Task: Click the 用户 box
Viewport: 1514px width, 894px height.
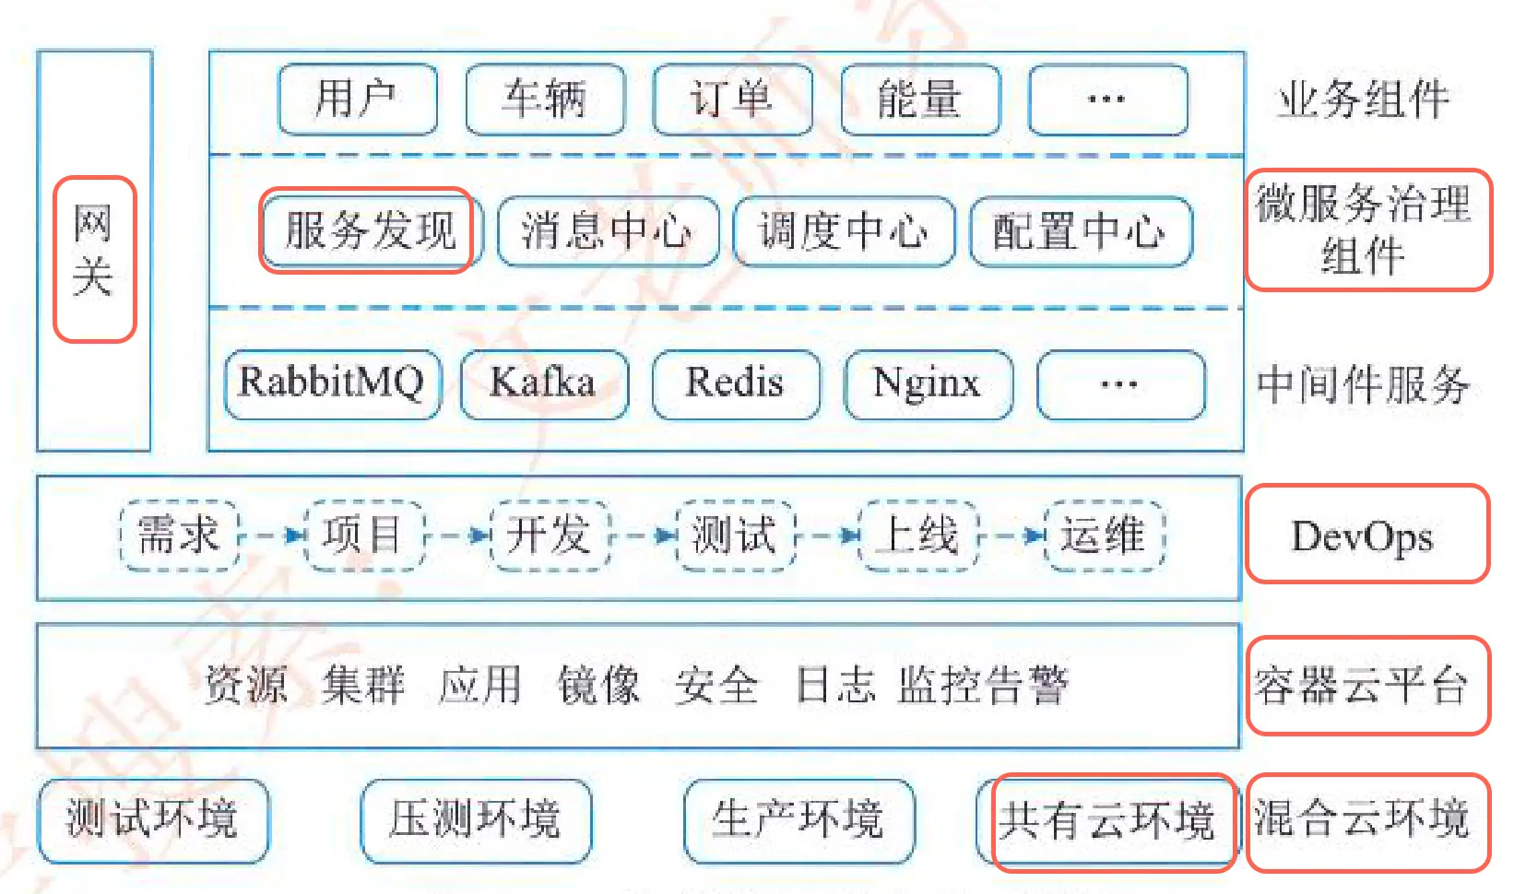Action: (x=358, y=100)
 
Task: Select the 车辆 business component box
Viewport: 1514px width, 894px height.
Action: (x=545, y=100)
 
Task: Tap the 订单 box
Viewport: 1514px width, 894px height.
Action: (x=732, y=100)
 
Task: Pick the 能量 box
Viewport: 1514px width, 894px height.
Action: (x=920, y=100)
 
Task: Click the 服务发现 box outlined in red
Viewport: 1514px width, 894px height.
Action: (x=369, y=230)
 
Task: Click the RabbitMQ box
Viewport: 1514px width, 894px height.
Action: (x=332, y=383)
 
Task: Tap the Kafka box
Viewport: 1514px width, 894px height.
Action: (x=544, y=383)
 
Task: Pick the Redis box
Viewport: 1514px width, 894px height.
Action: (x=735, y=383)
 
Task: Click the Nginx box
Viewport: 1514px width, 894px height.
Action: (x=928, y=383)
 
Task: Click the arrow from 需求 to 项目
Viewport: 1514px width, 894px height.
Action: (x=273, y=535)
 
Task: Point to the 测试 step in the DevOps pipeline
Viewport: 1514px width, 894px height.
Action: (x=735, y=535)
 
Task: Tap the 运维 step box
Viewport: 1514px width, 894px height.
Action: (x=1104, y=535)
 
